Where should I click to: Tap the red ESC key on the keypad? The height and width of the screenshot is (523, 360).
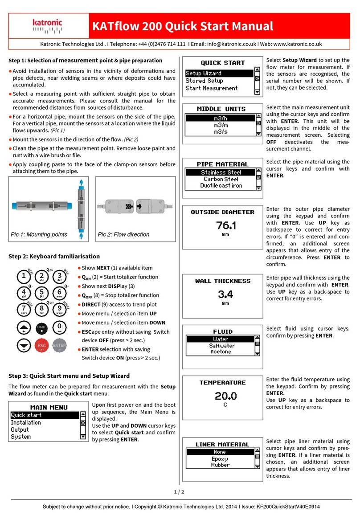pyautogui.click(x=41, y=345)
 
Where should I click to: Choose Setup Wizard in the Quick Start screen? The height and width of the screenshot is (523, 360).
pyautogui.click(x=204, y=73)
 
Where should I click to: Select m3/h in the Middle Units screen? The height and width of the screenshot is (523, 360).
pyautogui.click(x=221, y=118)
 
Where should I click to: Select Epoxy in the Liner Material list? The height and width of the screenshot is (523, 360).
pyautogui.click(x=220, y=458)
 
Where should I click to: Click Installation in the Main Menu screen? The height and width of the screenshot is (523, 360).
pyautogui.click(x=26, y=422)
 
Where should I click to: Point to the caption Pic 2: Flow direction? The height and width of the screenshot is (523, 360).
pyautogui.click(x=123, y=234)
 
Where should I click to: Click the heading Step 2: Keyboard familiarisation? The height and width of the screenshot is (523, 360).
pyautogui.click(x=54, y=256)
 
